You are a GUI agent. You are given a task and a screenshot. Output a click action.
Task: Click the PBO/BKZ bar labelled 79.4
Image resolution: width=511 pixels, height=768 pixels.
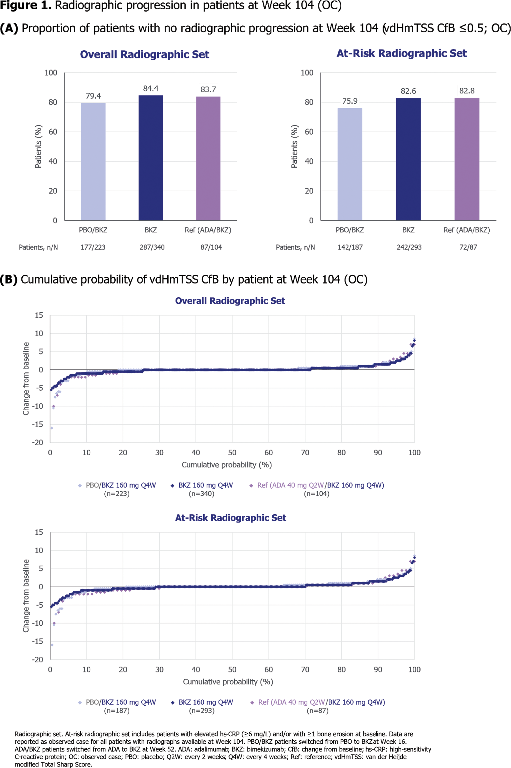click(93, 161)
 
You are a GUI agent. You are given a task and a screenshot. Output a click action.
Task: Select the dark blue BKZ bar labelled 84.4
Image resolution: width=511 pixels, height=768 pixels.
click(151, 158)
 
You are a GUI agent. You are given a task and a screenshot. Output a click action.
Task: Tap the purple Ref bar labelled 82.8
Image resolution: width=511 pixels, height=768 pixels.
click(467, 159)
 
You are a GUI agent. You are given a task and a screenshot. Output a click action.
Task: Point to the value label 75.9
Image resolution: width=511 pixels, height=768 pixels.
click(350, 101)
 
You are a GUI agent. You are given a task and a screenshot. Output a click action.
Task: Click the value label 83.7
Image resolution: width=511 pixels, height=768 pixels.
click(208, 89)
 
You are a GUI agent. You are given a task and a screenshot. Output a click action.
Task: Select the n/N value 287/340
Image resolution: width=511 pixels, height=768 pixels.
click(152, 247)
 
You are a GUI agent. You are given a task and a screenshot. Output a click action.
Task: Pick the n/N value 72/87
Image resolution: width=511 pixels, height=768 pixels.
click(468, 247)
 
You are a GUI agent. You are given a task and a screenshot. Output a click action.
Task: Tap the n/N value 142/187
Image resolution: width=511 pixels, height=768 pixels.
click(350, 247)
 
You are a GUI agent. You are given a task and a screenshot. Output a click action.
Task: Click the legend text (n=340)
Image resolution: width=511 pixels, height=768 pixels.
click(201, 494)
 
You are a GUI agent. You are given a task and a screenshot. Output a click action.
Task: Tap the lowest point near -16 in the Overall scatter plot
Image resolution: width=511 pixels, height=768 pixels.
click(52, 428)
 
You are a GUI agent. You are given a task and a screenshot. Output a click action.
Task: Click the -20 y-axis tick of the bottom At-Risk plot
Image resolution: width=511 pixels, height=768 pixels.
click(38, 659)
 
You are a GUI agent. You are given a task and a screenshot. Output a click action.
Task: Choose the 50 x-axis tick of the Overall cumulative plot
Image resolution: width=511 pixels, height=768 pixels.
click(232, 452)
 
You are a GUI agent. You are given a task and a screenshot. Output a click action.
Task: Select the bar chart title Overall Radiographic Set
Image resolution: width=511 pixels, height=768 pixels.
click(144, 54)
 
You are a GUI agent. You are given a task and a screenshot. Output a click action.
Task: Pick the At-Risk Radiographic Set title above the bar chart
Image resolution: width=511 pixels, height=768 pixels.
click(402, 53)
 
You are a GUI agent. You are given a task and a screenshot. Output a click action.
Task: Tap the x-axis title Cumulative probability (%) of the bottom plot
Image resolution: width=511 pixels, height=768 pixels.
click(228, 681)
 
